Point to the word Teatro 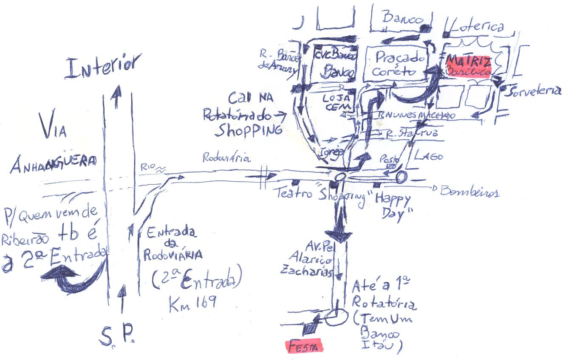pos(295,194)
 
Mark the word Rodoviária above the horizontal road pos(226,159)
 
